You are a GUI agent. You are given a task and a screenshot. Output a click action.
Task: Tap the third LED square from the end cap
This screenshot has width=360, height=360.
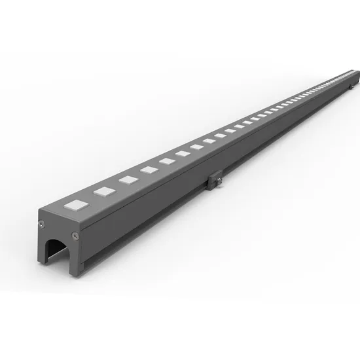click(x=128, y=180)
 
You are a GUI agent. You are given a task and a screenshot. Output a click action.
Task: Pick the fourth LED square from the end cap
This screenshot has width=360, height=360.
click(x=149, y=170)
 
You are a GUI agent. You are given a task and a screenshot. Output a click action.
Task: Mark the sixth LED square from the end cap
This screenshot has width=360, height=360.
click(x=183, y=154)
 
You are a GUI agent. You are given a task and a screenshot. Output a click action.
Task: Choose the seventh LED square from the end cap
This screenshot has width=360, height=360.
click(x=197, y=147)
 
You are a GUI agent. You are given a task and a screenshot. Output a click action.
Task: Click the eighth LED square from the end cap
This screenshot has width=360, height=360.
click(x=209, y=141)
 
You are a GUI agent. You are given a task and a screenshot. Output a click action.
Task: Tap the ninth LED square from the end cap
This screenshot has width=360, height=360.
click(x=221, y=135)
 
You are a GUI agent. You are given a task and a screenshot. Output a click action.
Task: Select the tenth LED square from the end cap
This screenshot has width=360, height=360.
click(x=232, y=130)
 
